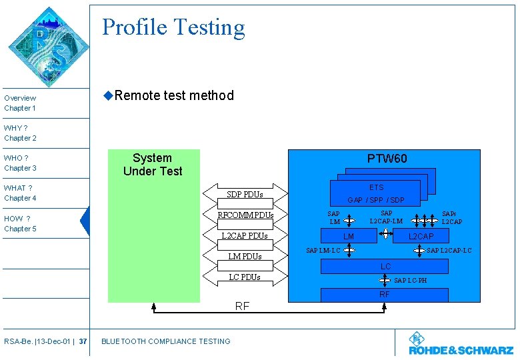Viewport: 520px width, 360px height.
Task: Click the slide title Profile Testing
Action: (x=173, y=27)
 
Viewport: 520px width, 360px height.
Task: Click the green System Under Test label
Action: (x=153, y=165)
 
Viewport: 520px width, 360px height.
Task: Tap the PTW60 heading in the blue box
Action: (x=387, y=159)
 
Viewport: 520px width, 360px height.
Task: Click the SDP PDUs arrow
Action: (x=245, y=195)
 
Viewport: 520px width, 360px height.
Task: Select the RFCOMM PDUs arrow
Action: (x=245, y=215)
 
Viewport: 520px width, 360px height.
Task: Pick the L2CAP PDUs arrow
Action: (x=245, y=236)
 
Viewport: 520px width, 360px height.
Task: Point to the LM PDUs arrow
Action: (x=245, y=257)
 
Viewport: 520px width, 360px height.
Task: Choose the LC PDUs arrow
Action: (x=245, y=277)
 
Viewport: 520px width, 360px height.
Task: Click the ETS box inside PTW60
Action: (x=377, y=188)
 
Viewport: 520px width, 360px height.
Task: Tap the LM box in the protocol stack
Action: (x=348, y=236)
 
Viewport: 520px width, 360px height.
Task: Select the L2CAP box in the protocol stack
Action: (x=421, y=236)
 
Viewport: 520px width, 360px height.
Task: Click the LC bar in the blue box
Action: (x=385, y=267)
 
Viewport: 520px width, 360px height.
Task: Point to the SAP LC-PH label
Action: (x=410, y=281)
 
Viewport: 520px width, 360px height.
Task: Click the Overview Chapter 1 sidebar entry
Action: (x=20, y=103)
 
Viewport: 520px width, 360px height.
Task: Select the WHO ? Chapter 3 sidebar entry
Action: (x=20, y=163)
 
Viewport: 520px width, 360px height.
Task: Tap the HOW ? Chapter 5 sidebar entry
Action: (x=20, y=223)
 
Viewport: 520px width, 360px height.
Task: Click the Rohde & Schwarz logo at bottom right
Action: (x=461, y=343)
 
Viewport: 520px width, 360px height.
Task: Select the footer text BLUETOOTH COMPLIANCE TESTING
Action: (x=165, y=341)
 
